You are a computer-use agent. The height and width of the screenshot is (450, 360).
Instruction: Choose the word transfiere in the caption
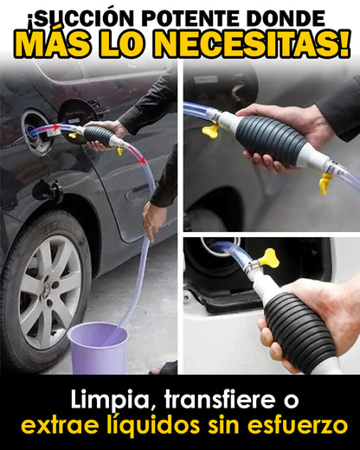[x=222, y=399]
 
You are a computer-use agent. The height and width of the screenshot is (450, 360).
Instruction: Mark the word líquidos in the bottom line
[x=154, y=425]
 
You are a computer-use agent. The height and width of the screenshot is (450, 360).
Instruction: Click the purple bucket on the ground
[x=98, y=348]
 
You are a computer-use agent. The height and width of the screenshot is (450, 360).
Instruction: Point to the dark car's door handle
[x=137, y=193]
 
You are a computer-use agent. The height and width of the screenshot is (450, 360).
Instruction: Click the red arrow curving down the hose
[x=137, y=154]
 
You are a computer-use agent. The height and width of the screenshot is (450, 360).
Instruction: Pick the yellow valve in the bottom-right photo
[x=269, y=258]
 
